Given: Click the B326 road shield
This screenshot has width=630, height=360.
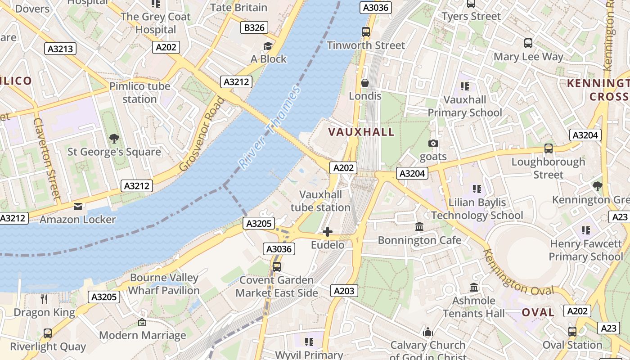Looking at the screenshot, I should [x=254, y=27].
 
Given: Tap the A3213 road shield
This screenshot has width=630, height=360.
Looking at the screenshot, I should [x=61, y=49].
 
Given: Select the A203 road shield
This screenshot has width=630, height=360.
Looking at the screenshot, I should [x=344, y=291].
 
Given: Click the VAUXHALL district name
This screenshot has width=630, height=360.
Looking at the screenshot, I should [x=361, y=132].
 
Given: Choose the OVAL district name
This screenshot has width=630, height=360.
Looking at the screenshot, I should [x=538, y=312].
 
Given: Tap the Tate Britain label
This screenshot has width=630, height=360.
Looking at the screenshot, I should [x=238, y=8].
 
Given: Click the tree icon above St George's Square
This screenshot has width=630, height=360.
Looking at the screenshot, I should [x=114, y=138].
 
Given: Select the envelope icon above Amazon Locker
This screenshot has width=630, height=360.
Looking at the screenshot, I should [x=78, y=206].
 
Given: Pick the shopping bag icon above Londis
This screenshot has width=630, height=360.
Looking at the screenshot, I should [x=365, y=83].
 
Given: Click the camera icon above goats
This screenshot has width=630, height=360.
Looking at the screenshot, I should [x=433, y=143].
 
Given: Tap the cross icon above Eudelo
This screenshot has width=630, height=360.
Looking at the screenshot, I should [x=328, y=232].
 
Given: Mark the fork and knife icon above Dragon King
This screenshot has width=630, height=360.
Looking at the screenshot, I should [x=44, y=299].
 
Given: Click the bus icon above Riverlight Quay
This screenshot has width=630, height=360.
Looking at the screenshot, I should [x=48, y=333].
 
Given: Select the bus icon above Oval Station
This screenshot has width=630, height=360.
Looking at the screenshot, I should [x=572, y=332].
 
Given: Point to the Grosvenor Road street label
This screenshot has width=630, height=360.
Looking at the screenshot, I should [x=202, y=134].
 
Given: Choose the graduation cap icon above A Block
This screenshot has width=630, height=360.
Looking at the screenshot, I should [x=268, y=46].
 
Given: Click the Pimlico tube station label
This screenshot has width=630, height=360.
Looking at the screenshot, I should [x=139, y=92].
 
